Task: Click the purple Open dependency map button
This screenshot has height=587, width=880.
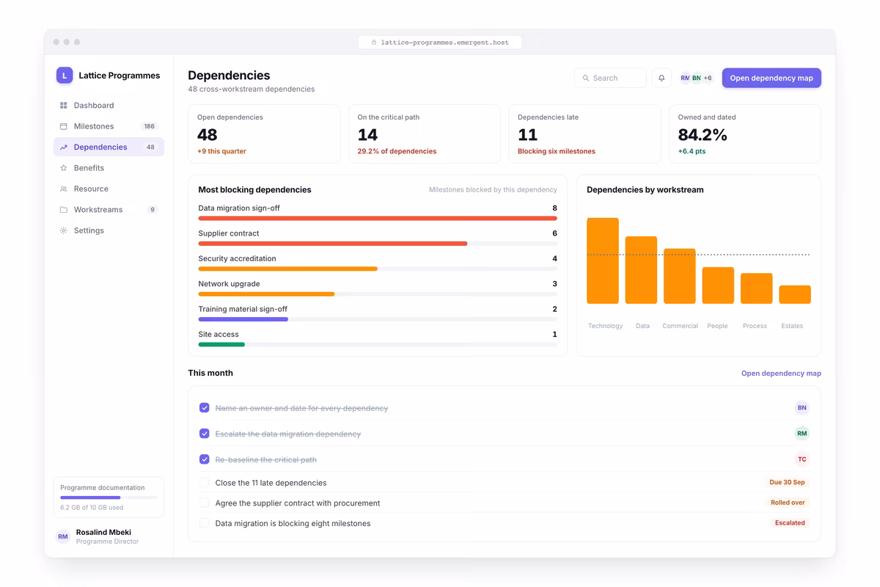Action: click(771, 78)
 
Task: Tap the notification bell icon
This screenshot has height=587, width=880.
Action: click(661, 78)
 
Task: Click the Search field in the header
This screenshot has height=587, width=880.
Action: click(610, 78)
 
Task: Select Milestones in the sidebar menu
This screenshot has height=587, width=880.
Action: click(94, 126)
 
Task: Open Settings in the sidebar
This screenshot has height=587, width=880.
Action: click(89, 230)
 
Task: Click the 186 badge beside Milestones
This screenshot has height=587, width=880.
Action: click(150, 126)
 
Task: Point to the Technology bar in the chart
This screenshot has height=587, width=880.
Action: click(603, 260)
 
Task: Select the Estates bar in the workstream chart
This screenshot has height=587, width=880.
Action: click(795, 294)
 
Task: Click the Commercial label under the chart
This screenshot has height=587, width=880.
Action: click(680, 326)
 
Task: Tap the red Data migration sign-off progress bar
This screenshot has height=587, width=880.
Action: click(378, 218)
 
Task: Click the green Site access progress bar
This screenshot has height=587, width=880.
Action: click(221, 344)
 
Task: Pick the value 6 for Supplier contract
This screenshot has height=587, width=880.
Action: click(554, 233)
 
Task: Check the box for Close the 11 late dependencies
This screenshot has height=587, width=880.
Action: click(205, 482)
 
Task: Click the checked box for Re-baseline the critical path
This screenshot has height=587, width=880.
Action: click(205, 459)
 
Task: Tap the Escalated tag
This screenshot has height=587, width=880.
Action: click(790, 523)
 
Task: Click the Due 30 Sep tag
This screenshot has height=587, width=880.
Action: click(787, 482)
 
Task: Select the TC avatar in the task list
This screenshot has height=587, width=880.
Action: click(802, 459)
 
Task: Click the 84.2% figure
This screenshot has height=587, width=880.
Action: click(703, 135)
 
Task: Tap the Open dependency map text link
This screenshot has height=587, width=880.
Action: click(781, 373)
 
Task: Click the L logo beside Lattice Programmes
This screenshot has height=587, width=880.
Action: click(65, 75)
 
